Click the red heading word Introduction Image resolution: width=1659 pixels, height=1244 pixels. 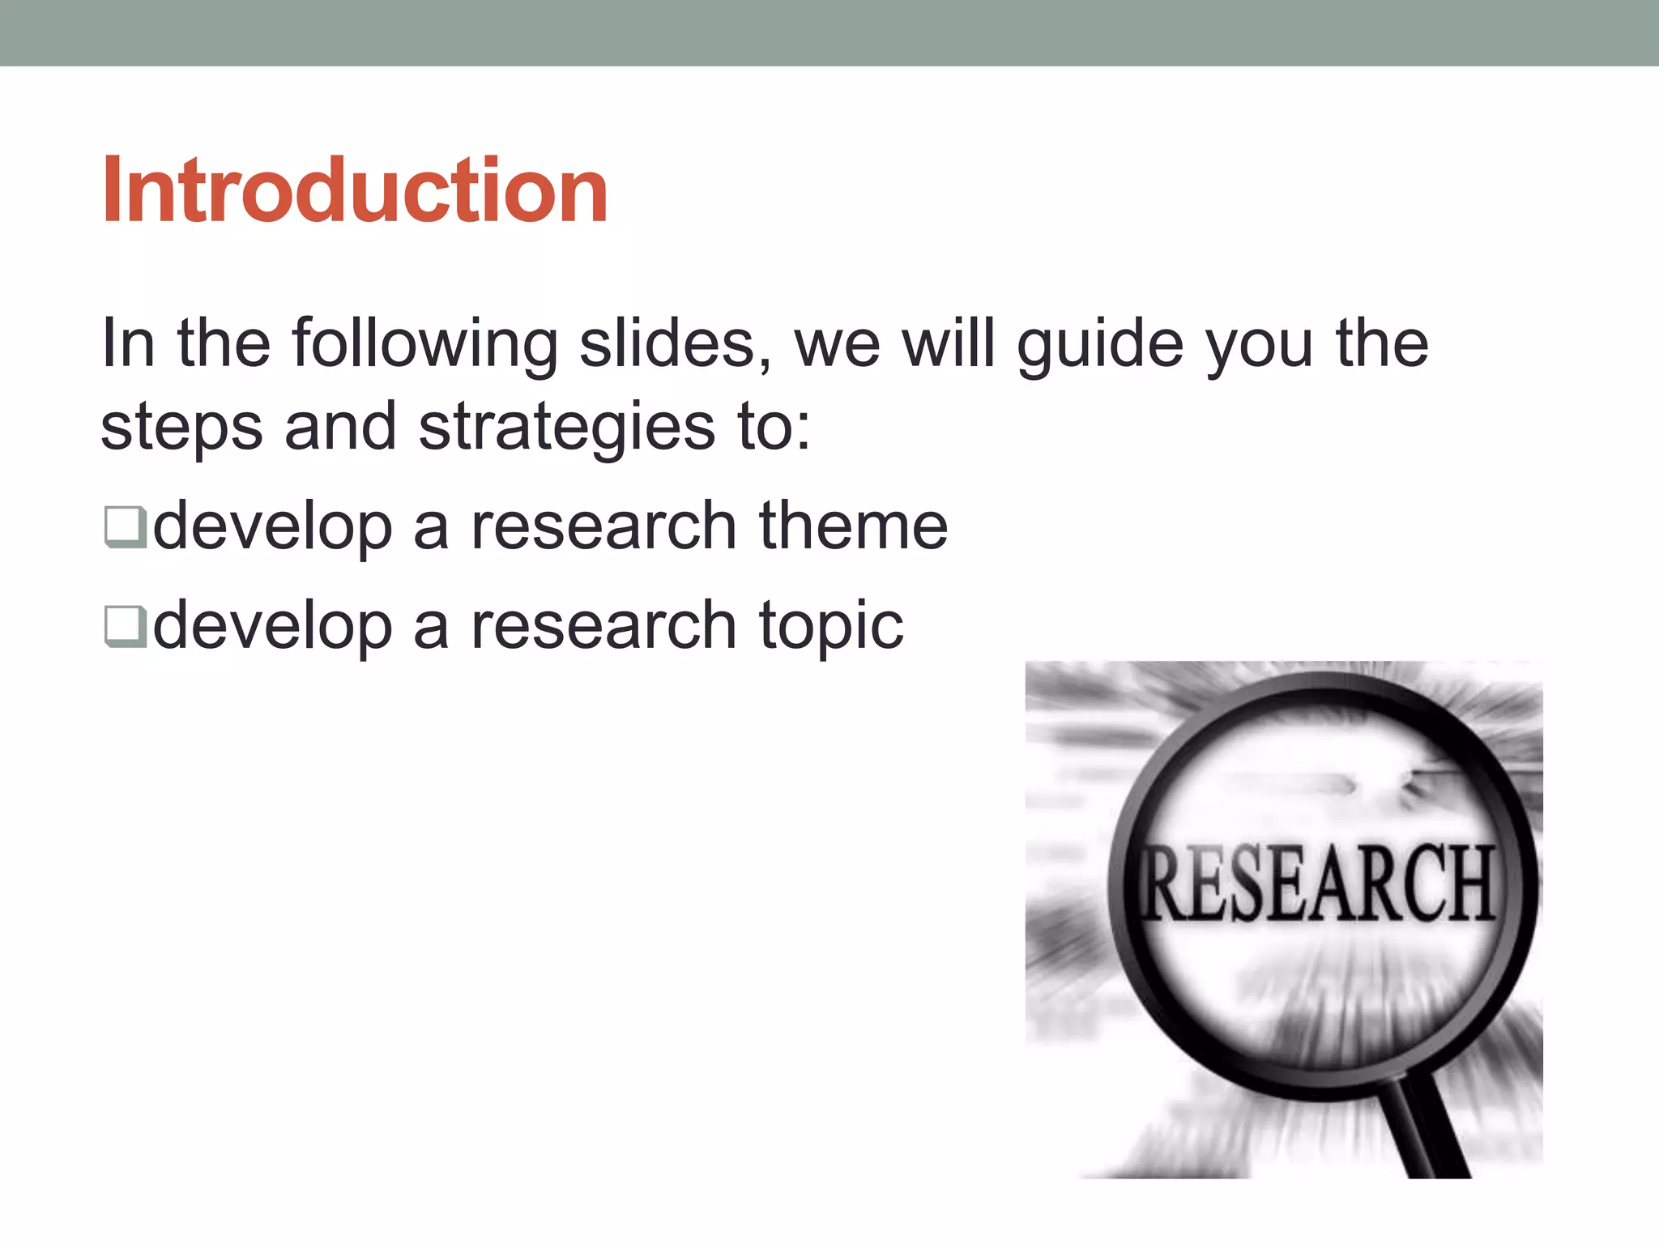click(x=354, y=190)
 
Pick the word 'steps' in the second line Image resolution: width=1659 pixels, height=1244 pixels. click(x=181, y=428)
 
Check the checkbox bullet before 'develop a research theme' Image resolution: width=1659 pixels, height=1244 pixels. click(x=125, y=526)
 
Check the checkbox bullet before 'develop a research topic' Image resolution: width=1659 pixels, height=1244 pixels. click(x=125, y=626)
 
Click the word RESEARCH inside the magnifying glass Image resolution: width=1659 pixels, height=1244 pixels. click(x=1317, y=883)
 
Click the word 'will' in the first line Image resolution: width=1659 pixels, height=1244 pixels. click(x=948, y=343)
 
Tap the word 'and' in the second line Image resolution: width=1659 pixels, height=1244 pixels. click(x=340, y=426)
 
